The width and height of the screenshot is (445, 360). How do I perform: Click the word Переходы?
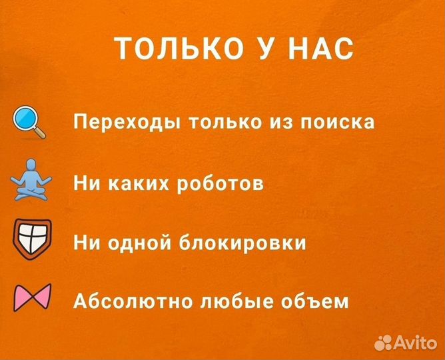pyautogui.click(x=127, y=124)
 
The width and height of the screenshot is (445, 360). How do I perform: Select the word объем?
pyautogui.click(x=314, y=302)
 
